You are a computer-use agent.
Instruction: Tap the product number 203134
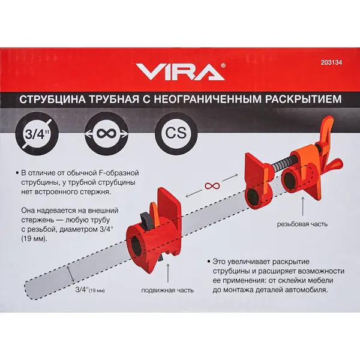(331, 62)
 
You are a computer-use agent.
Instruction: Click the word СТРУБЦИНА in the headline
(52, 100)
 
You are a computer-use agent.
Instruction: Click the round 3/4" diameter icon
(37, 134)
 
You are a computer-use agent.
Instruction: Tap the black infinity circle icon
(106, 134)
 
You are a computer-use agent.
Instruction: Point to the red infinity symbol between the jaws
(212, 186)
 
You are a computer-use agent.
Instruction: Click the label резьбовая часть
(302, 224)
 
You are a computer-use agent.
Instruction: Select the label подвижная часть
(167, 290)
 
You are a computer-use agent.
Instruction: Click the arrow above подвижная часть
(168, 273)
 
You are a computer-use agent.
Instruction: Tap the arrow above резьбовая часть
(302, 206)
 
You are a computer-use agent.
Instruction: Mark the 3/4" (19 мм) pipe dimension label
(90, 290)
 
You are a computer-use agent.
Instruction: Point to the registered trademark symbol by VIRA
(223, 65)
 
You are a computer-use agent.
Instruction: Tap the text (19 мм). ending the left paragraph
(35, 239)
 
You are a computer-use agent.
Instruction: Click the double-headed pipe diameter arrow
(71, 274)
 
